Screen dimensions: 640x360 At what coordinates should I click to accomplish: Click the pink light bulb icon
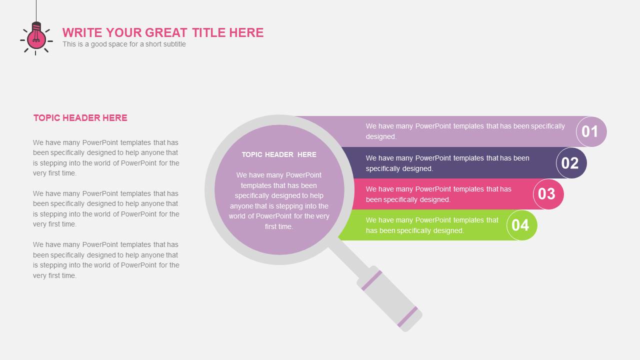point(36,38)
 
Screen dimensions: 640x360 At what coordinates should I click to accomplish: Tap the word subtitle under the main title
point(173,44)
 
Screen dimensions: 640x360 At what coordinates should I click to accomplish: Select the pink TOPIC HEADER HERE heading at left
point(80,117)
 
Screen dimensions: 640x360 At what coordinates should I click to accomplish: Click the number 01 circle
point(591,131)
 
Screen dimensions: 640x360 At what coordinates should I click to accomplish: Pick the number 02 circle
point(571,163)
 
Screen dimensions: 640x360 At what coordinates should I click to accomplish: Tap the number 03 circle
point(548,194)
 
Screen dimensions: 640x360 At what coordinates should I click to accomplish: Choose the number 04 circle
point(522,225)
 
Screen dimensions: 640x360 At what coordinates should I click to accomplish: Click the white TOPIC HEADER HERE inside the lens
point(279,154)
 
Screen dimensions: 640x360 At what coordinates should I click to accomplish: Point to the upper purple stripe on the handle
point(371,280)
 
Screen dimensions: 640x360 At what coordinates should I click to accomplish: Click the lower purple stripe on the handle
point(407,317)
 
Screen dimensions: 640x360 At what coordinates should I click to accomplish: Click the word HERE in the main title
point(246,32)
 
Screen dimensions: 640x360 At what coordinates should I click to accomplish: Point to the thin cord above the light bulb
point(36,11)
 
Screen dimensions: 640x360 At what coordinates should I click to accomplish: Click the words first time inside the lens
point(279,226)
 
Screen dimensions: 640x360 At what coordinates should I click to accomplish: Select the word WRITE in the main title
point(82,32)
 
